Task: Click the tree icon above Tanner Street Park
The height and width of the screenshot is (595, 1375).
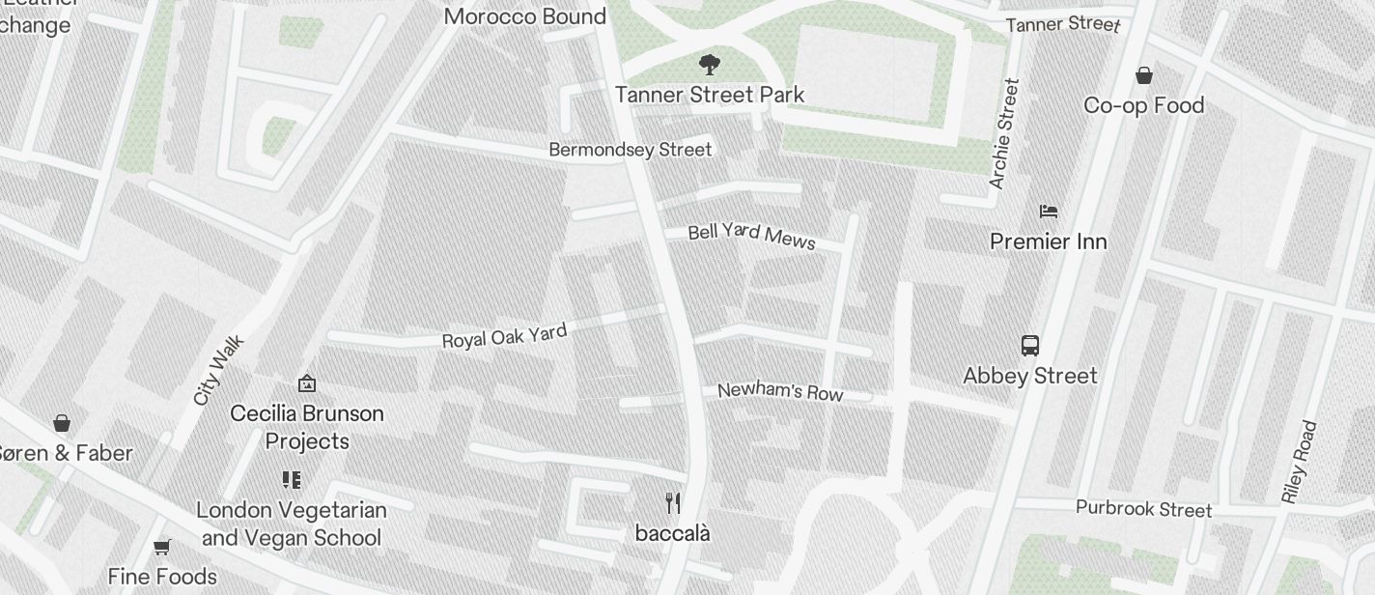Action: [710, 66]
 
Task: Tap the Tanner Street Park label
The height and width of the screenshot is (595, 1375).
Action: [710, 95]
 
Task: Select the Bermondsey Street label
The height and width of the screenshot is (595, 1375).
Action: [630, 150]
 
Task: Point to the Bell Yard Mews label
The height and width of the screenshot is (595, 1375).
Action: [752, 236]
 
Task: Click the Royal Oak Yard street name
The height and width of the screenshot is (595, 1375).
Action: [504, 336]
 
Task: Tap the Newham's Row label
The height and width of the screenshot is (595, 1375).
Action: [780, 391]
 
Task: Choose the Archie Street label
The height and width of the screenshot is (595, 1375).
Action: [1004, 133]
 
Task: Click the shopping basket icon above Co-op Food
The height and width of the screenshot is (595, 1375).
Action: [1144, 75]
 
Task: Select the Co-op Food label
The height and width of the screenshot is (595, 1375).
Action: [1144, 105]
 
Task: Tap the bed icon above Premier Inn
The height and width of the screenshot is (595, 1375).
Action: [1049, 211]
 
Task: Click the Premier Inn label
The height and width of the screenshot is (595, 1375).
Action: [1049, 241]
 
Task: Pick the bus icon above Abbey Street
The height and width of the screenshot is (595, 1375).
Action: [1030, 346]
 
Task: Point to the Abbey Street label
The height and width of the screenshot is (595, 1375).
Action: [1030, 376]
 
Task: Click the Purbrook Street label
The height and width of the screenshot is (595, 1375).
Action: [1143, 508]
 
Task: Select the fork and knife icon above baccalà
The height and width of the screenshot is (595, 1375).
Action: [673, 502]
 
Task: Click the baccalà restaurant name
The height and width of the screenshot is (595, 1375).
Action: [673, 533]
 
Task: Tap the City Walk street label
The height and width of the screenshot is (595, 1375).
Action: [219, 370]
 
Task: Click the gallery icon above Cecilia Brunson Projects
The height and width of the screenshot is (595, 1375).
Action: [307, 383]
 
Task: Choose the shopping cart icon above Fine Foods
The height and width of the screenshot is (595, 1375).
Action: [162, 548]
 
